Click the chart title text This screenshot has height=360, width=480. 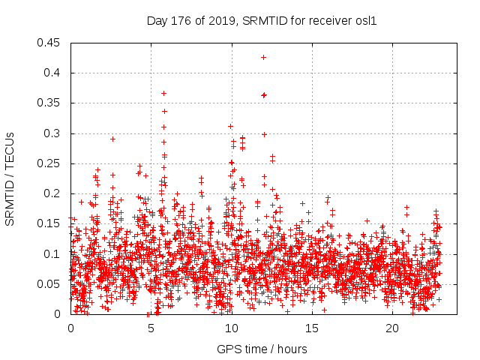260,21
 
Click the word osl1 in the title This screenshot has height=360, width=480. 364,21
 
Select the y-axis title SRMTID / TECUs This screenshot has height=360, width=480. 10,178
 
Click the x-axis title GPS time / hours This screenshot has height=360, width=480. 262,349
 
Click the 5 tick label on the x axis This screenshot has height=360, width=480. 151,328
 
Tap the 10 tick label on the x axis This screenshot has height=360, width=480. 231,328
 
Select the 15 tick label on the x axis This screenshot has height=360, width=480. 311,328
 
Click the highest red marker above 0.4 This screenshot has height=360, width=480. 263,57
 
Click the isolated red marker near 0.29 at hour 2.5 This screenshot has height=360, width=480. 112,139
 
